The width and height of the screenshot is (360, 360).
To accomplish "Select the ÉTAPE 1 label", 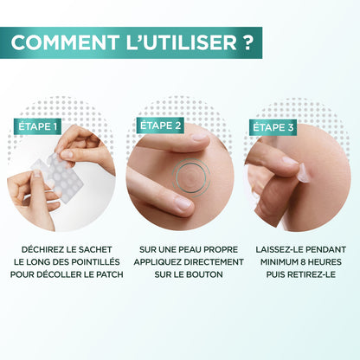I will pos(38,127).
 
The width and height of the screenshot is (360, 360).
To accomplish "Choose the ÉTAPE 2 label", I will pos(160,125).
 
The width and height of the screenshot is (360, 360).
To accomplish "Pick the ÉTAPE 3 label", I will pos(272,127).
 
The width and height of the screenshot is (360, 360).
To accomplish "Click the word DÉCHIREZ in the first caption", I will pos(43,250).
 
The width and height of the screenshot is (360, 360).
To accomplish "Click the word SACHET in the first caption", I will pos(102,250).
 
